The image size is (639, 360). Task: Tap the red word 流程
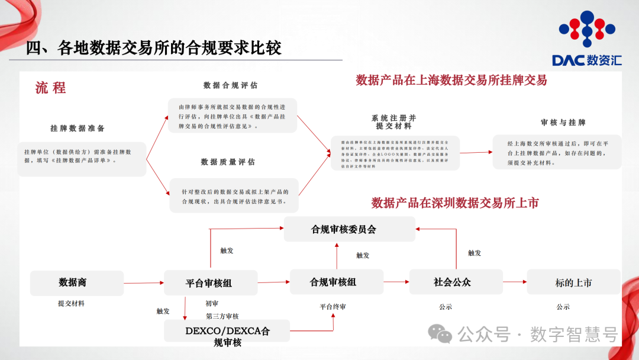click(50, 88)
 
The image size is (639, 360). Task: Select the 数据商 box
click(77, 283)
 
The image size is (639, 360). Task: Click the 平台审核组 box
click(210, 283)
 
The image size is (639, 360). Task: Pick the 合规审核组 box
click(336, 282)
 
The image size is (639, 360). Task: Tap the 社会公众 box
click(456, 282)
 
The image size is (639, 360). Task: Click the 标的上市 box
click(573, 282)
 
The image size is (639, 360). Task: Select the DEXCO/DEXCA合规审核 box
click(227, 336)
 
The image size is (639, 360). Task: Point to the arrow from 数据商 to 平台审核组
click(144, 283)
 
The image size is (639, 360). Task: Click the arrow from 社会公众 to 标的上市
click(515, 282)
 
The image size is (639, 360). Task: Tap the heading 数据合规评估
click(231, 86)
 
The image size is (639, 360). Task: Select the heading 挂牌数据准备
click(78, 128)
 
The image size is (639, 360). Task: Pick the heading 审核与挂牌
click(563, 123)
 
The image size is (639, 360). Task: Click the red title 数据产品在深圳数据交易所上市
click(455, 203)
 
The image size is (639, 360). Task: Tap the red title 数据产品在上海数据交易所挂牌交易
click(451, 81)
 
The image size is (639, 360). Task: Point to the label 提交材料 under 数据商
click(71, 304)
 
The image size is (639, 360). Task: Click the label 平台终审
click(333, 307)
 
